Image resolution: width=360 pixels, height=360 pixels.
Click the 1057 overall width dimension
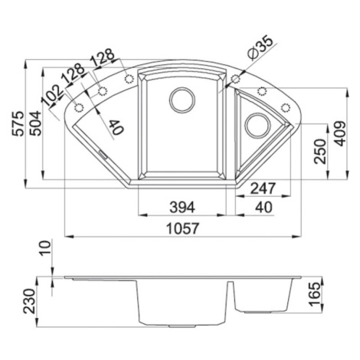tap(182, 228)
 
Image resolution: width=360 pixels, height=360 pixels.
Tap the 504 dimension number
tap(35, 123)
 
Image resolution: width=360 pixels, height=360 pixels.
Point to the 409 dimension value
tap(340, 133)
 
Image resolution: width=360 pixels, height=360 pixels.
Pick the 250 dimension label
tap(320, 151)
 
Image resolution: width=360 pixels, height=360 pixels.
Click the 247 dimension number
tap(263, 188)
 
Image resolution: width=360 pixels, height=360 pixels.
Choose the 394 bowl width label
tap(182, 207)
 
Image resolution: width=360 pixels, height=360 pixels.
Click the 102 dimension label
tap(52, 95)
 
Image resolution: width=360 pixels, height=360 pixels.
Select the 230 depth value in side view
tap(29, 301)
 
